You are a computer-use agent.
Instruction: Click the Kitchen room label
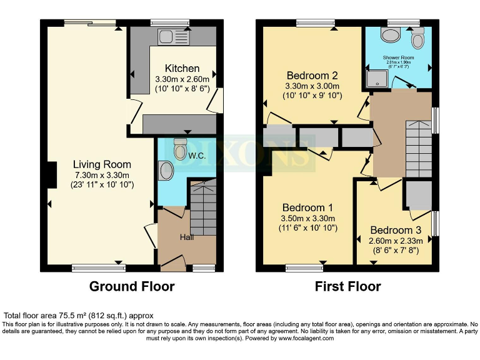tap(182, 68)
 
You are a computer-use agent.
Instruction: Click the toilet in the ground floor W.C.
tap(180, 150)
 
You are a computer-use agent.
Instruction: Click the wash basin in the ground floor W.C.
tap(165, 171)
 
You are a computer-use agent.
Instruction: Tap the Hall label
tap(187, 237)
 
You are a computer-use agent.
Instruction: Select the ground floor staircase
tap(203, 206)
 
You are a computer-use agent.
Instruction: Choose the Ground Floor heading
tap(131, 287)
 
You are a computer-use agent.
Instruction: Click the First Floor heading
tap(347, 287)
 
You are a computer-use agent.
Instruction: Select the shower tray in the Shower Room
tap(377, 78)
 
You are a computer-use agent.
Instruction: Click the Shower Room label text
tap(399, 57)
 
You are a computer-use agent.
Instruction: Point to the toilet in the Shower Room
tap(417, 39)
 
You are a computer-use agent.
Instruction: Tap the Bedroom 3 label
tap(395, 230)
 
